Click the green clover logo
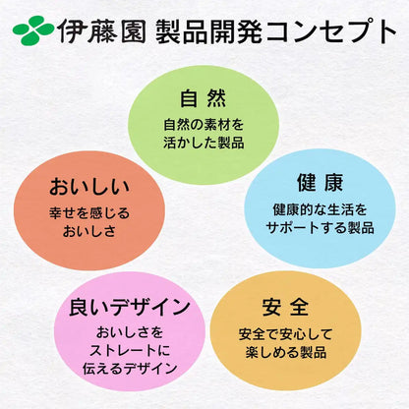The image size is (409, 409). point(33,30)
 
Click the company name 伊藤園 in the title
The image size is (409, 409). point(102,30)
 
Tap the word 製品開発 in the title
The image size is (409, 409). point(209,31)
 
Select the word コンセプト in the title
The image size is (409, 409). point(331,31)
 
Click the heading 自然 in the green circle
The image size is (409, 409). point(204,98)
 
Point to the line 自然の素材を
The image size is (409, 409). point(204,125)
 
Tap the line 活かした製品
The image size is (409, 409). point(204,143)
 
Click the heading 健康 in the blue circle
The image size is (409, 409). point(320,182)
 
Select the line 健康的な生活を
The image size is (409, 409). point(320,209)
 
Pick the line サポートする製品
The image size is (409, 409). point(320,227)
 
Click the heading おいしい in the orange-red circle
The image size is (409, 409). point(89,186)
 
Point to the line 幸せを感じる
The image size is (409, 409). point(89,213)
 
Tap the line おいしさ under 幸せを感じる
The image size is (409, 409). point(89,231)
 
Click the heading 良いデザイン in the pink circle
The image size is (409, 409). point(130,307)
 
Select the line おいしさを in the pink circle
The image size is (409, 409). point(130,332)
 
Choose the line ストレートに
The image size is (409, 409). point(130,351)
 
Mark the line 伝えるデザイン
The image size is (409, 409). point(130,369)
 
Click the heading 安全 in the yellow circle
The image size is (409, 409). point(285,307)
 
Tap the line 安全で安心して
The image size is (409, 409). point(285,334)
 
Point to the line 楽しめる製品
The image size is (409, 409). point(285,352)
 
